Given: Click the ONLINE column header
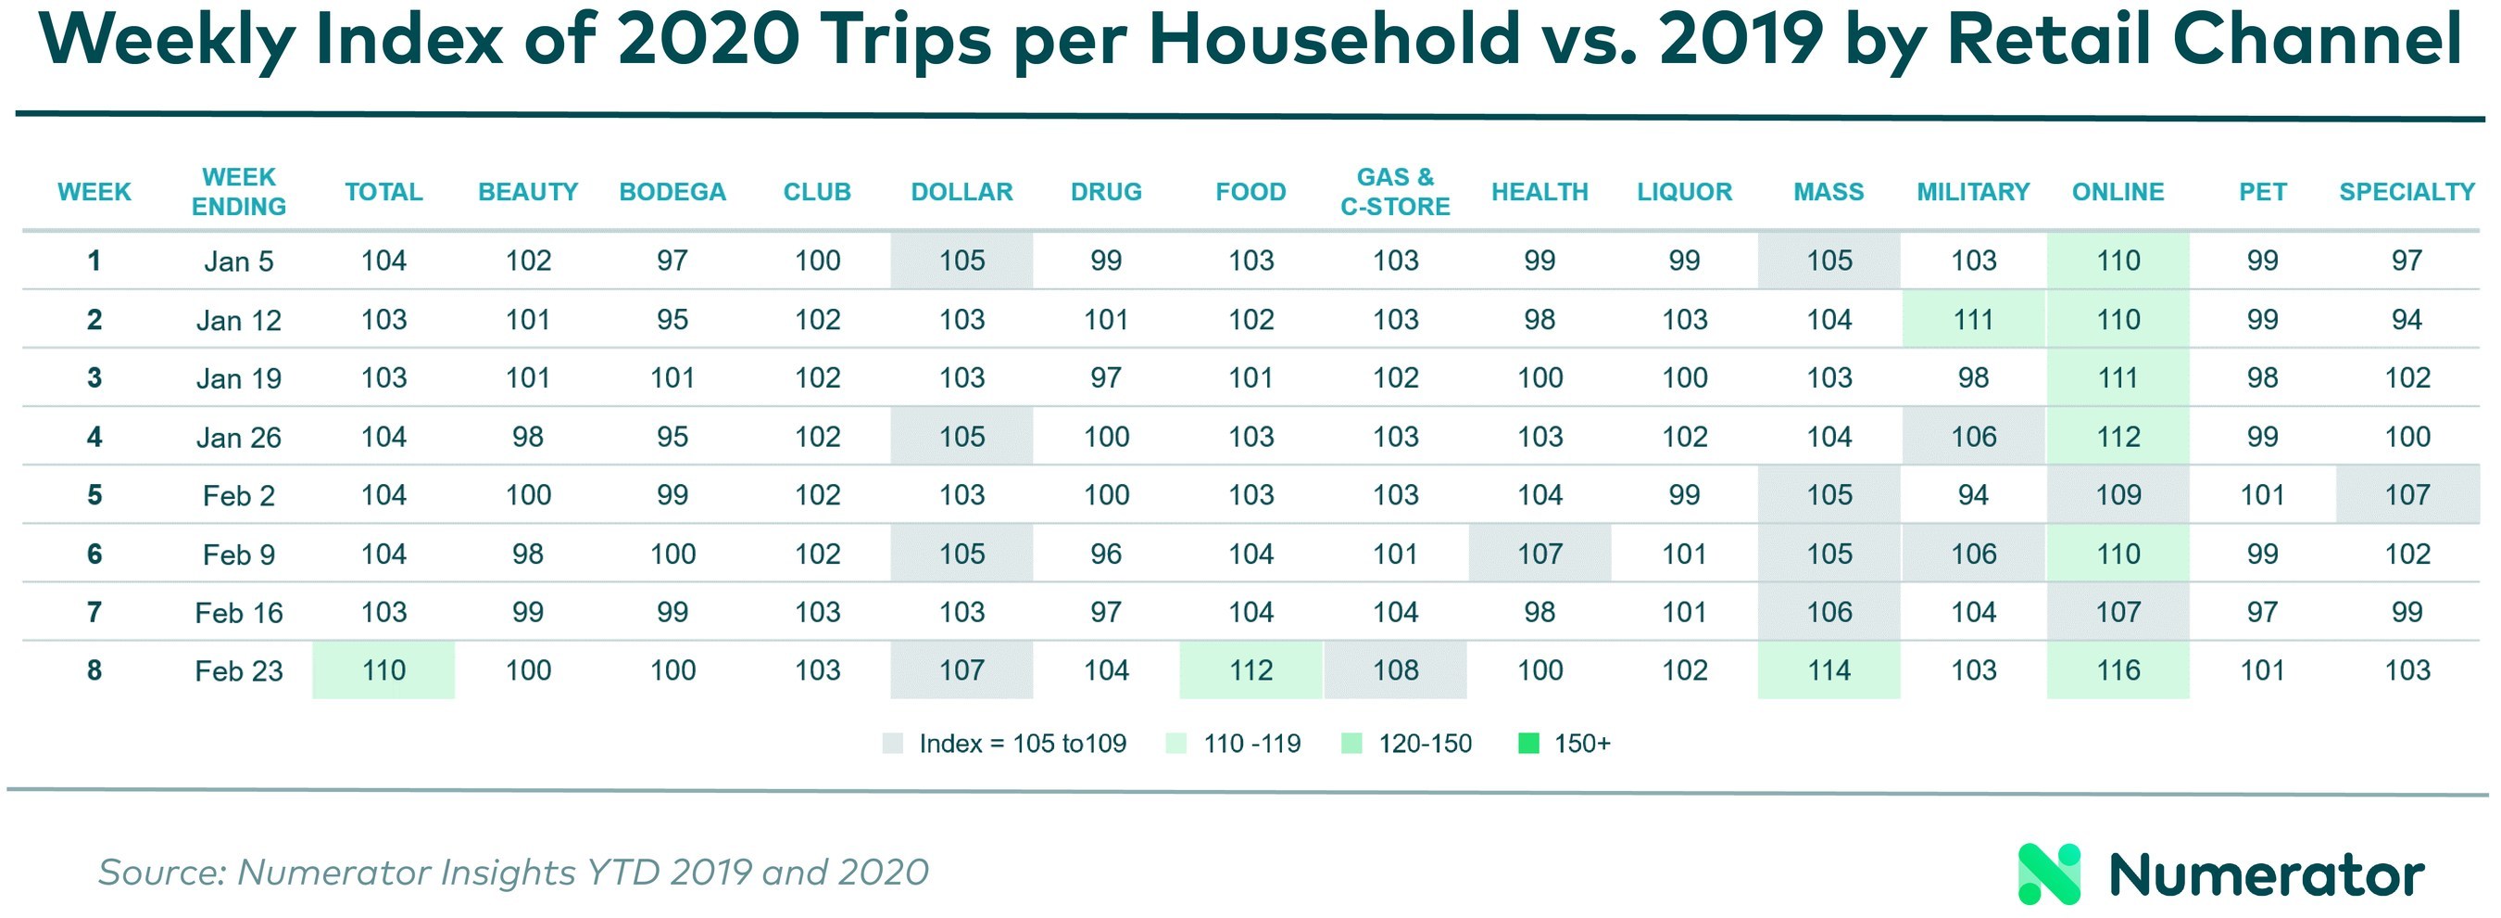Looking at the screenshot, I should click(2118, 191).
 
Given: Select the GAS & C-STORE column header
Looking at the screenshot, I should click(1395, 191).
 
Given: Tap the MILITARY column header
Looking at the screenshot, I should click(1973, 191).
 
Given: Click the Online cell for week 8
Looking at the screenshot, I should click(2118, 670).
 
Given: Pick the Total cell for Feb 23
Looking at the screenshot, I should click(383, 670).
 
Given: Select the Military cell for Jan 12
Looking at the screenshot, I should click(1973, 320).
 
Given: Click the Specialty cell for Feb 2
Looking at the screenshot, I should click(2407, 495).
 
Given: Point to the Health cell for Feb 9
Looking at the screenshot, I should click(1540, 554).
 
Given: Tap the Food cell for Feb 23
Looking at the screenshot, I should click(1250, 670).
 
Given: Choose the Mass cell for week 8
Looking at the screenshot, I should click(1829, 670).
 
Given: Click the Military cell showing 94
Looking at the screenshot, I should click(1973, 495).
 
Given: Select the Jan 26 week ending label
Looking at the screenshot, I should click(239, 437).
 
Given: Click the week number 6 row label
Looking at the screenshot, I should click(94, 554).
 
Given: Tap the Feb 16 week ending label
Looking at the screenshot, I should click(239, 613).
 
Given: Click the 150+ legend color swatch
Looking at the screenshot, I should click(1528, 744).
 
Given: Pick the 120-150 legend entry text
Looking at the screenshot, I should click(1425, 744).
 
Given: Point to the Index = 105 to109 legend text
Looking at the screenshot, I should click(1023, 744).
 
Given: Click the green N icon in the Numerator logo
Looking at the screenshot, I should click(2049, 874).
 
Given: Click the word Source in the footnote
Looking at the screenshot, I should click(161, 873).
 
